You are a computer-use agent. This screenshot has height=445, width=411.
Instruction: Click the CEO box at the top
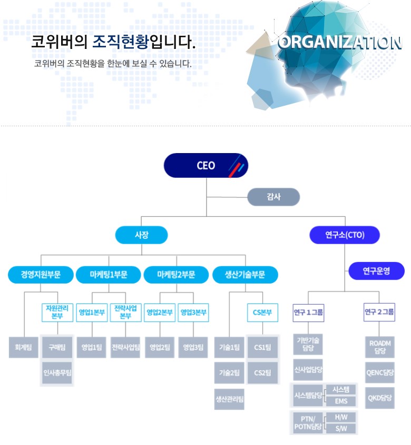click(x=205, y=165)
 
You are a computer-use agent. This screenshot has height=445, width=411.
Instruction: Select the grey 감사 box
click(x=273, y=197)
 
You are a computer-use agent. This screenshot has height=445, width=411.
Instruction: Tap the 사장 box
click(x=141, y=235)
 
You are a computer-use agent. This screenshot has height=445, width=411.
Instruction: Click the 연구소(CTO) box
click(x=345, y=235)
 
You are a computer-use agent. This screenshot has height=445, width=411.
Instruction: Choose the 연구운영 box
click(x=376, y=271)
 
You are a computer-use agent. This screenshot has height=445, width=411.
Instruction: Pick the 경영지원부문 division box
click(x=41, y=275)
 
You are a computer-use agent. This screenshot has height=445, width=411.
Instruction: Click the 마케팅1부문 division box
click(x=108, y=275)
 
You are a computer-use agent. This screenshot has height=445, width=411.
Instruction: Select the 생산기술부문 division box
click(x=244, y=275)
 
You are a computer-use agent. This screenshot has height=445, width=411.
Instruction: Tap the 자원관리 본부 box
click(x=57, y=312)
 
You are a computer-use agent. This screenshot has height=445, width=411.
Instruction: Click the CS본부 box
click(x=262, y=312)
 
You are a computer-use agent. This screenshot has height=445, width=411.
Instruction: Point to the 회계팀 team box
click(x=24, y=347)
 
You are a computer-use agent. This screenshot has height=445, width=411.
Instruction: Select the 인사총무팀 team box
click(x=57, y=372)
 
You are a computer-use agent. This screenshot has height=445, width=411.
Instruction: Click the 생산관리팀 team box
click(x=229, y=399)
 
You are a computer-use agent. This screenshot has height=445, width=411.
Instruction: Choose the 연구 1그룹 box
click(x=308, y=312)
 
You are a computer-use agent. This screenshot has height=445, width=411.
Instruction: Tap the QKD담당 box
click(x=379, y=398)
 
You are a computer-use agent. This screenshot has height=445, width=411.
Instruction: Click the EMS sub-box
click(x=341, y=401)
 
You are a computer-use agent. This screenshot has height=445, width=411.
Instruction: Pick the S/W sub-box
click(x=341, y=428)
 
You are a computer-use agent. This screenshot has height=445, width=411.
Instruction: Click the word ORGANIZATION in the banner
click(x=339, y=43)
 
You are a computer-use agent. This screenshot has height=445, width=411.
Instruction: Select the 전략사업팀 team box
click(x=125, y=347)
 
